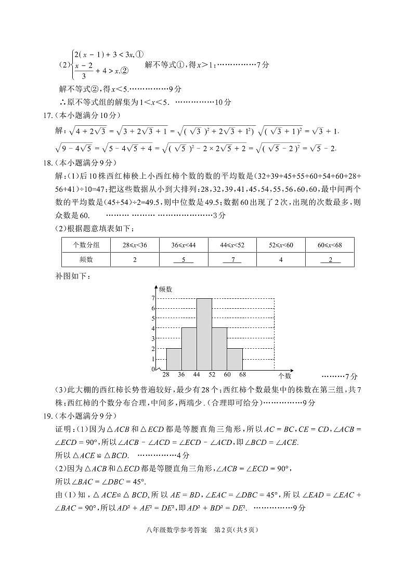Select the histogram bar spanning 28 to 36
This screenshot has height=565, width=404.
(x=174, y=359)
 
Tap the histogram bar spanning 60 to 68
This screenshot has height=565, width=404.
(x=235, y=359)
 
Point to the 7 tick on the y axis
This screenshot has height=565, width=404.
(x=153, y=298)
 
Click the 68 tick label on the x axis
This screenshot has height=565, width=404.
(x=242, y=375)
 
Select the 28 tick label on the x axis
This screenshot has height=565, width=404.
(x=166, y=375)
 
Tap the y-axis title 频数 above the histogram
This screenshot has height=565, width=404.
(x=166, y=288)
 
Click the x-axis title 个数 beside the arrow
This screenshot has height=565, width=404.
(x=284, y=375)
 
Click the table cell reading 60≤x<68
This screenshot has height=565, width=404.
(x=330, y=245)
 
